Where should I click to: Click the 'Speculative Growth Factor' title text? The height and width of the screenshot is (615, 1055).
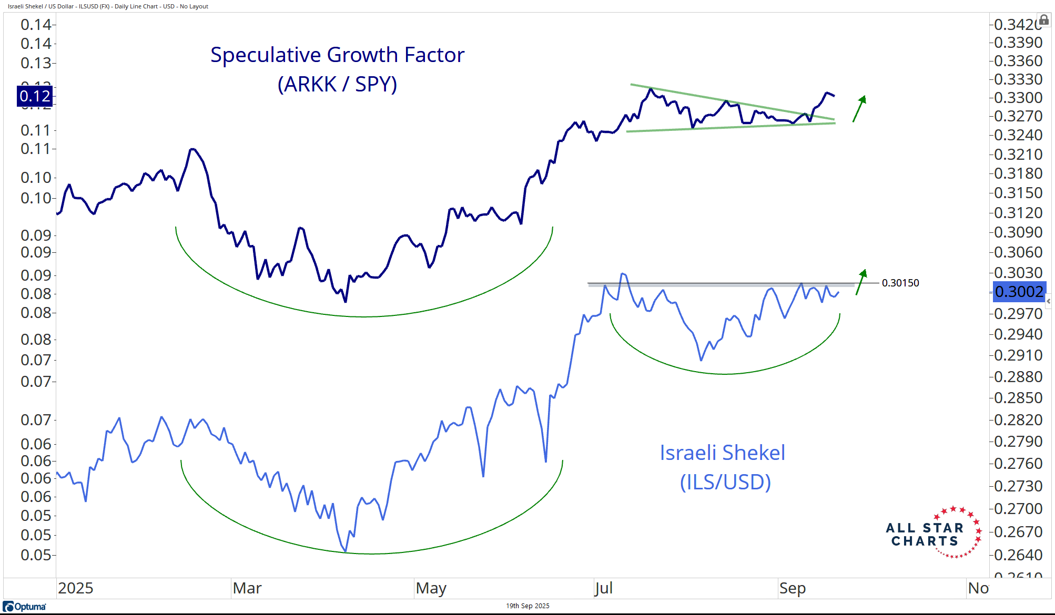(337, 55)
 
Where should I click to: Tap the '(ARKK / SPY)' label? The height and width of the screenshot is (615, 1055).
(337, 84)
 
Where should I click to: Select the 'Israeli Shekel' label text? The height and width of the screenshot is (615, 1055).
(722, 453)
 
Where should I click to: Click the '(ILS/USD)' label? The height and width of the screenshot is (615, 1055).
(725, 482)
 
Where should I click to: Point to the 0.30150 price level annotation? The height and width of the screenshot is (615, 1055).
(900, 283)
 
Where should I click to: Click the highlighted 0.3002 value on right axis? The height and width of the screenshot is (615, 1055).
(1019, 292)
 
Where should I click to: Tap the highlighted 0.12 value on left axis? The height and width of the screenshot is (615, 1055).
(35, 96)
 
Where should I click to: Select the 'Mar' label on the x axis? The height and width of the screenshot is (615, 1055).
(247, 588)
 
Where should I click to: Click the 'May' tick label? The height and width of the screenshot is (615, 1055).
(431, 588)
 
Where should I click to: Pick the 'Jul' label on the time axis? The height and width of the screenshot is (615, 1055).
(603, 588)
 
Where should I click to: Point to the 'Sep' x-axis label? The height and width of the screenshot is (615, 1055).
(792, 588)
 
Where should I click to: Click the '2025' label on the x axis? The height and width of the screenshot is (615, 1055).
(75, 588)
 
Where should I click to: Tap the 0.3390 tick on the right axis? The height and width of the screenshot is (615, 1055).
(1018, 43)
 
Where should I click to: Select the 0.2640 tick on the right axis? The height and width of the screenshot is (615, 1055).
(1018, 555)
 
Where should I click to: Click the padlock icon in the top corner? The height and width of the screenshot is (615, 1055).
(1044, 20)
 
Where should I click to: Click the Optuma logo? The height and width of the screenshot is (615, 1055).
(25, 607)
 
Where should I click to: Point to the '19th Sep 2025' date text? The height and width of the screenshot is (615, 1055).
(527, 606)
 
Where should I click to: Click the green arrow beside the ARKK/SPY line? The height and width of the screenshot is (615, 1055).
(859, 108)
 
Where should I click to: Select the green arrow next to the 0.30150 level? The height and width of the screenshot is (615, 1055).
(860, 282)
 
